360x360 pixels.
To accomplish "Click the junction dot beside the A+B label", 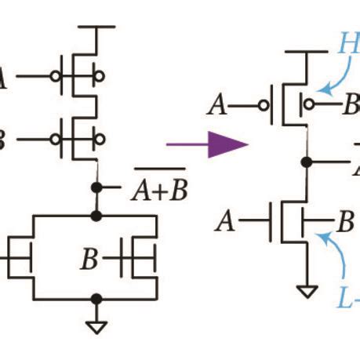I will click(x=96, y=188).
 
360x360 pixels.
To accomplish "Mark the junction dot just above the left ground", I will click(x=96, y=298).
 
